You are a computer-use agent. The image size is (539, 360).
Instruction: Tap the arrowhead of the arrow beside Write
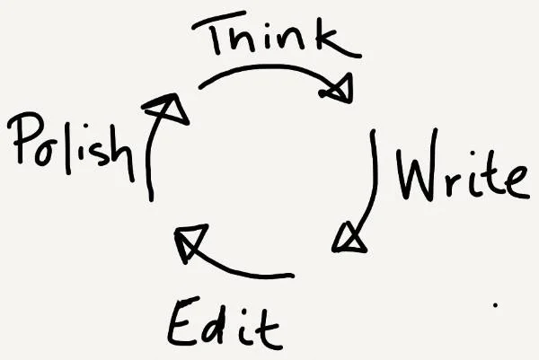point(349,238)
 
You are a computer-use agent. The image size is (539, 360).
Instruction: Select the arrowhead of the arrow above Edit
point(188,243)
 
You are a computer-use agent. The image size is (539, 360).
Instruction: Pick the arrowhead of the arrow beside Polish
point(169,109)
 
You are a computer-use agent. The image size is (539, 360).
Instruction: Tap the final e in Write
point(514,182)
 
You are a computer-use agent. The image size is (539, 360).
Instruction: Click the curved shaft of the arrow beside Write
point(371,180)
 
